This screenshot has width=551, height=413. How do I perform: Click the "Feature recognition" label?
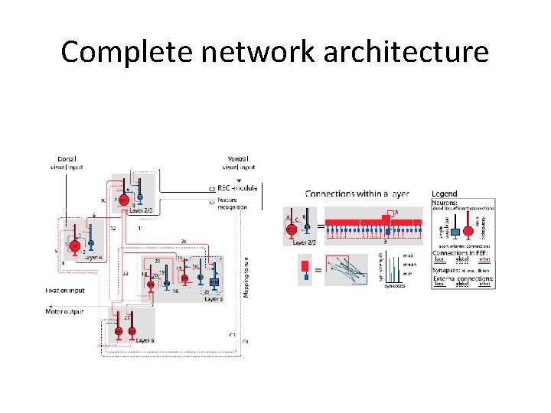coord(233,204)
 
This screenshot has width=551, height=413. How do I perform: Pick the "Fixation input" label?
coord(65,291)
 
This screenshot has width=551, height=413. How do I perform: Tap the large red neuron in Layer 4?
coord(75,246)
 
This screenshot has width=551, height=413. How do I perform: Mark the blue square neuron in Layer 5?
coord(214,281)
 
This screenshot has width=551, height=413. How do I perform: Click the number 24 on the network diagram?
coord(184,241)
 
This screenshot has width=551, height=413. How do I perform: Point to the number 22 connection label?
coord(126,273)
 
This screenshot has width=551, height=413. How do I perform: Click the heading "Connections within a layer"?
coord(357,194)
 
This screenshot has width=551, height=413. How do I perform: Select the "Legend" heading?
coord(444,194)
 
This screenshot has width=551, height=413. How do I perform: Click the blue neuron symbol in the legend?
coord(455,231)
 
